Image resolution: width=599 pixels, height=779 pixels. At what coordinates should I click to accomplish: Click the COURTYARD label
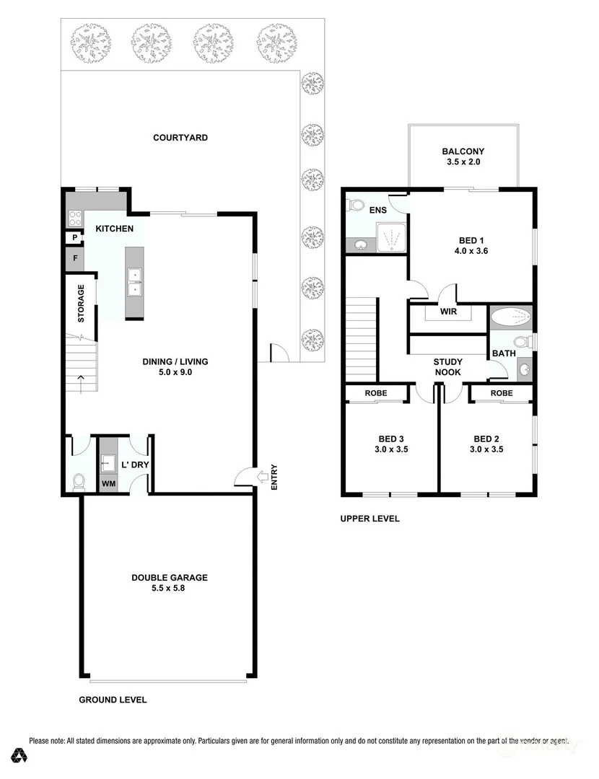click(x=180, y=138)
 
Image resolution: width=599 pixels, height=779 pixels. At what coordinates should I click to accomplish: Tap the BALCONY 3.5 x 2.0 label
click(x=463, y=157)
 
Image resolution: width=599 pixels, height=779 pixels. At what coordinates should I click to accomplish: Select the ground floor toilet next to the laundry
click(x=79, y=480)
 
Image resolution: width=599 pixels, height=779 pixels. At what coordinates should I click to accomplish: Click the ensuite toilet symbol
click(x=355, y=206)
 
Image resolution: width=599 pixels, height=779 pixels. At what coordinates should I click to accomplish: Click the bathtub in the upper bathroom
click(x=511, y=317)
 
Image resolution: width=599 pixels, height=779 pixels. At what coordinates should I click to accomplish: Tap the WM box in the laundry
click(x=108, y=484)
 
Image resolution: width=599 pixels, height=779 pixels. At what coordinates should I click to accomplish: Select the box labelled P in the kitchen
click(x=74, y=238)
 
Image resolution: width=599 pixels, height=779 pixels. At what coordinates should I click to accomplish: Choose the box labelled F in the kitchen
click(x=74, y=258)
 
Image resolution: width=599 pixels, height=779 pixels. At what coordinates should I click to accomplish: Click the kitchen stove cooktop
click(x=74, y=216)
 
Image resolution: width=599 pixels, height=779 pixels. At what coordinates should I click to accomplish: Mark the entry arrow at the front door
click(x=248, y=475)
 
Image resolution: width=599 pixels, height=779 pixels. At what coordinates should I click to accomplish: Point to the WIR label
click(x=448, y=313)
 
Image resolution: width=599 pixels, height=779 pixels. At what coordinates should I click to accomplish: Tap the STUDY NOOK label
click(x=447, y=367)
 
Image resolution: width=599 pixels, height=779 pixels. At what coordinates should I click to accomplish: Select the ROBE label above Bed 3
click(x=375, y=394)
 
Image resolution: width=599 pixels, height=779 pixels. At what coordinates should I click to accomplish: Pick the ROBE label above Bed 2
click(x=501, y=394)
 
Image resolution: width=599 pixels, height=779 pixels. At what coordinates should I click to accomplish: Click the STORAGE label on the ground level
click(x=81, y=304)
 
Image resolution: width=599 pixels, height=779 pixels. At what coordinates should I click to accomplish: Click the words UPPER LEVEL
click(x=370, y=519)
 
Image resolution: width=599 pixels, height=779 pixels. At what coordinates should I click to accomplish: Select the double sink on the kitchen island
click(x=134, y=282)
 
